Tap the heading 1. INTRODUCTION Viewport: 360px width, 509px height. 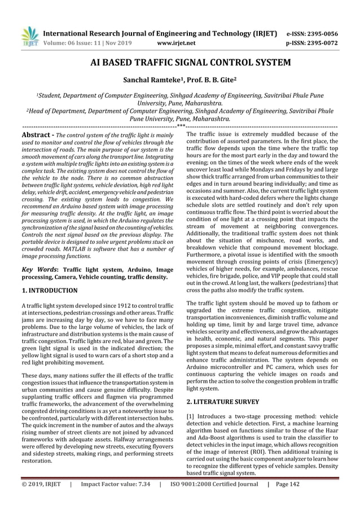[x=49, y=291]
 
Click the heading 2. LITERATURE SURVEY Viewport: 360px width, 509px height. [x=223, y=402]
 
